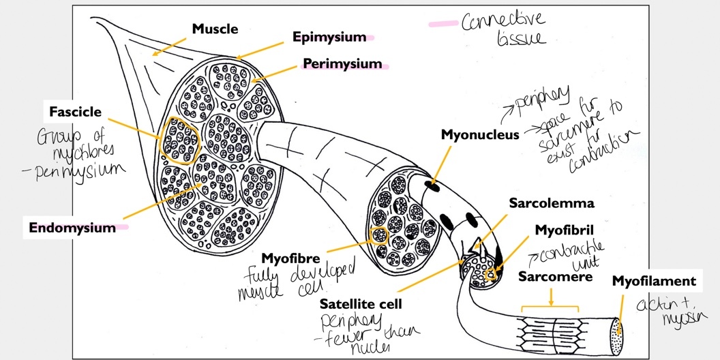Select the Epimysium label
[x=329, y=36]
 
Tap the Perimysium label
[x=342, y=64]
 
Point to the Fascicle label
[x=75, y=110]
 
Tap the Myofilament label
[x=654, y=281]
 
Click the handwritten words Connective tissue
[x=503, y=29]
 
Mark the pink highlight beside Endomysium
[x=123, y=228]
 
